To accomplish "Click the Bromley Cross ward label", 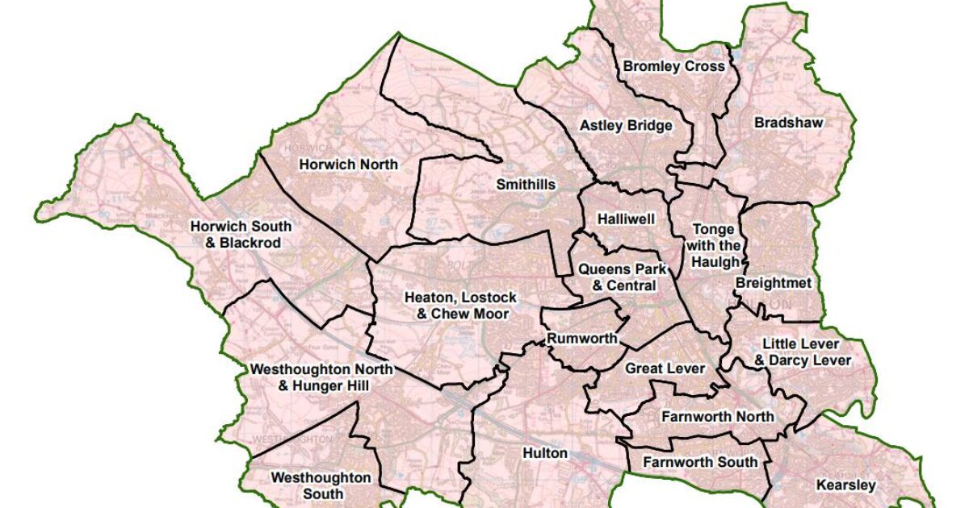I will [x=673, y=67].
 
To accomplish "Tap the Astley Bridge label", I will [x=626, y=126].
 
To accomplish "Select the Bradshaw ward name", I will [x=788, y=123].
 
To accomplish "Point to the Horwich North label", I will [x=349, y=164].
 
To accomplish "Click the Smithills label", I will [x=526, y=185].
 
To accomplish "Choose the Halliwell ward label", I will [x=626, y=219].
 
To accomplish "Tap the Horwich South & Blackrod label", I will [x=236, y=235].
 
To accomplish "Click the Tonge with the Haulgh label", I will [x=713, y=246].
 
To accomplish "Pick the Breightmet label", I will [x=774, y=283].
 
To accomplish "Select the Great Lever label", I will [x=665, y=369].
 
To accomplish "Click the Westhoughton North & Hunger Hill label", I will [x=322, y=378].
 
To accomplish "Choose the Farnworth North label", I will [x=717, y=416].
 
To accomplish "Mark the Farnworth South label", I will [x=700, y=461].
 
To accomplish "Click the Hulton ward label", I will [x=545, y=453].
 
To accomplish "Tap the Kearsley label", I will [x=845, y=485].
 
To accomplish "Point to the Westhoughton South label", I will [x=321, y=485].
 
